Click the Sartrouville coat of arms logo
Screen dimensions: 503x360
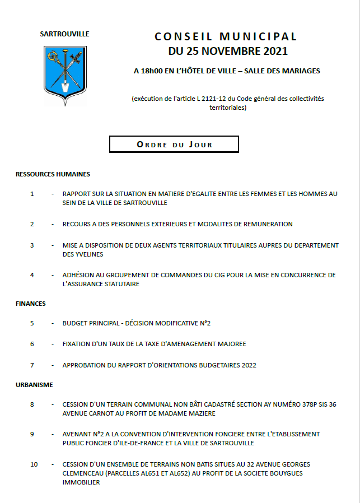tap(65, 74)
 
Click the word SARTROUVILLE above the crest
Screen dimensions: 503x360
tap(65, 34)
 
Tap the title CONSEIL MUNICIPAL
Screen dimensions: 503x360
tap(226, 37)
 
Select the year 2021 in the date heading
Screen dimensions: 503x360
tap(274, 52)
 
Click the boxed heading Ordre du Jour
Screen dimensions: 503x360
tap(174, 145)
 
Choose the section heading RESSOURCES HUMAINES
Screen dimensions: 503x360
tap(53, 174)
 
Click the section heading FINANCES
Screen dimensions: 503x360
tap(31, 304)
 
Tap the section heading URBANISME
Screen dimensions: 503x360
tap(34, 385)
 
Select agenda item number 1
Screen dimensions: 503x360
tap(32, 194)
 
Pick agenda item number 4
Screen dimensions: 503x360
tap(32, 275)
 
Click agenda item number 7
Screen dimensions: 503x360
tap(32, 365)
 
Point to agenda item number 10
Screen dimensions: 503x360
tap(34, 464)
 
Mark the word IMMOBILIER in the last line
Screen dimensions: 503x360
tap(81, 482)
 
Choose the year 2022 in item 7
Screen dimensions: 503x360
tap(247, 365)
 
